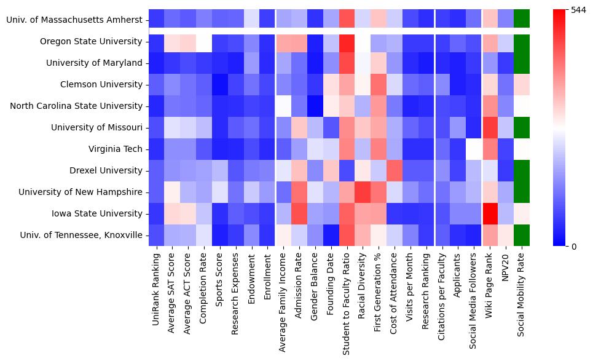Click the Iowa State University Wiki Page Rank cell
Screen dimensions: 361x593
[490, 213]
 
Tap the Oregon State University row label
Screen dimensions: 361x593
[92, 41]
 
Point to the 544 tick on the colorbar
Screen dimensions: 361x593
[578, 10]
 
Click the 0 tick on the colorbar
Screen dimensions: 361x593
[573, 247]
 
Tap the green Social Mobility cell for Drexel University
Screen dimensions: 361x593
[521, 170]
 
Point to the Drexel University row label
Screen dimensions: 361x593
[103, 170]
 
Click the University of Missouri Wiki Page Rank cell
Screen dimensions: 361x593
[490, 127]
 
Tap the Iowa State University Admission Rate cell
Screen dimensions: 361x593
[298, 213]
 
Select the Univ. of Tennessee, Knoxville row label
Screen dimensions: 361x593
[82, 235]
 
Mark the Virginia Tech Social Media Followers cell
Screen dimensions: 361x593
[474, 149]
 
